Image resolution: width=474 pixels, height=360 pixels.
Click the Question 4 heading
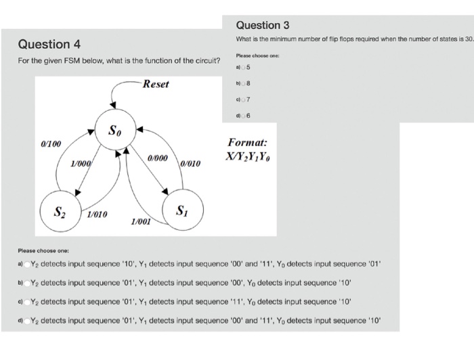[x=49, y=45]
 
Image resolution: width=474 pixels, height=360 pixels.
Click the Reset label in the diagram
[x=156, y=85]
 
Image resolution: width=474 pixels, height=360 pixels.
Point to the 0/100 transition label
[x=51, y=144]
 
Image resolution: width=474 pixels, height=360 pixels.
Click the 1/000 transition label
[x=81, y=164]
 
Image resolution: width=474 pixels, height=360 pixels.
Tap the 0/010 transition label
[x=191, y=163]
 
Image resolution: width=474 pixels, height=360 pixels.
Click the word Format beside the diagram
[x=247, y=143]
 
